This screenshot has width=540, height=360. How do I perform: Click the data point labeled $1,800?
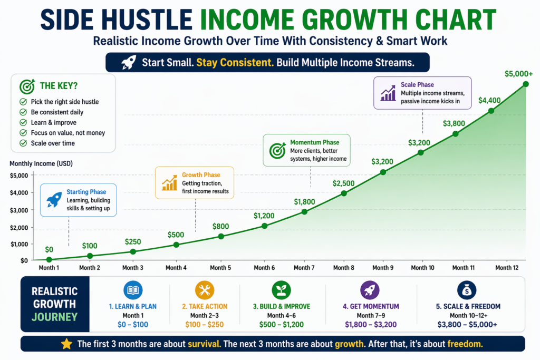(304, 212)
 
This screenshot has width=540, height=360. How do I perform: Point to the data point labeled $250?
(133, 252)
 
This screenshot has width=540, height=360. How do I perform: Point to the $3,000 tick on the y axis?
(20, 210)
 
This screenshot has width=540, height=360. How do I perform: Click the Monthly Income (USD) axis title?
(41, 164)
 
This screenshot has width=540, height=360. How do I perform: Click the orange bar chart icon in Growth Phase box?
(169, 183)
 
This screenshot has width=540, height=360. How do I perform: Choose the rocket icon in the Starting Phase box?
(54, 200)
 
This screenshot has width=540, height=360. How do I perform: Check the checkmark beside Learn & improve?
(23, 122)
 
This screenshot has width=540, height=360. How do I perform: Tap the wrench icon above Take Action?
(204, 290)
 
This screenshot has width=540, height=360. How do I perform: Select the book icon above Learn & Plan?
(132, 290)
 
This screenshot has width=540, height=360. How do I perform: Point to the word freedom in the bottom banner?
(465, 344)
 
